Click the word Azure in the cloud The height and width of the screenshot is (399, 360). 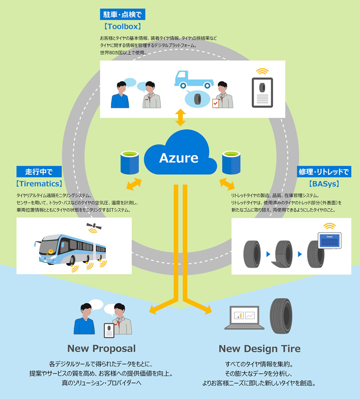pyautogui.click(x=179, y=158)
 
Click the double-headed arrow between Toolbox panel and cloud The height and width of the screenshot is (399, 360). pyautogui.click(x=180, y=117)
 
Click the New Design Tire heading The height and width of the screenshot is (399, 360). pyautogui.click(x=259, y=348)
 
